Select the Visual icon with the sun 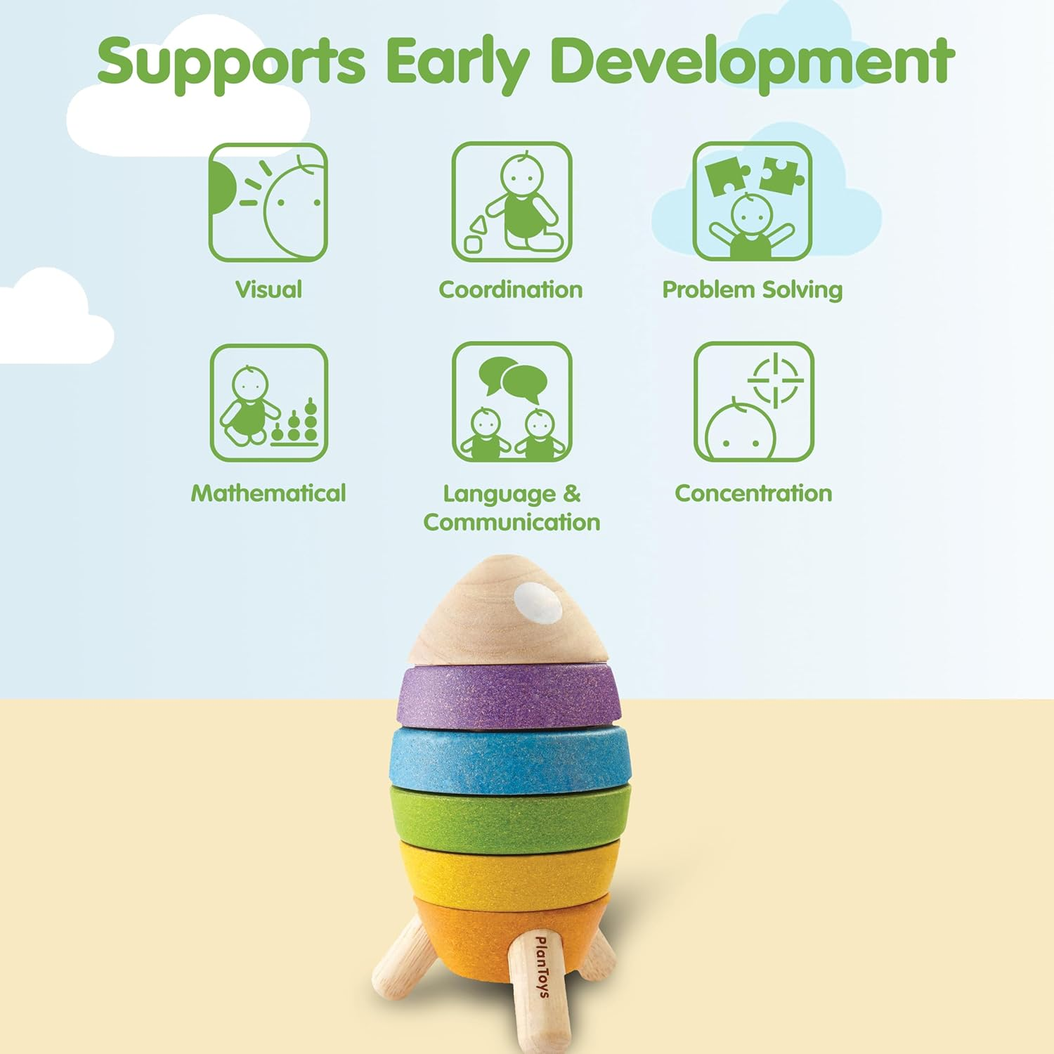(x=268, y=202)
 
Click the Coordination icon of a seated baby (x=512, y=202)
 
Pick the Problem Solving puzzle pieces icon (x=753, y=202)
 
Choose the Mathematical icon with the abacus (x=269, y=403)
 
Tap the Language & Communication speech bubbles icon (x=512, y=402)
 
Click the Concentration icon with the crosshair (x=754, y=402)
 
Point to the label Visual (x=268, y=289)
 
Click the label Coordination (x=511, y=289)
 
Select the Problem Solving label (x=753, y=290)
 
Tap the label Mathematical (x=268, y=493)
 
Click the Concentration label (x=753, y=493)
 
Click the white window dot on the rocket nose (x=538, y=602)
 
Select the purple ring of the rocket (x=509, y=696)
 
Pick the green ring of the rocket (x=510, y=819)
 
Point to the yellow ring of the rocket (x=509, y=871)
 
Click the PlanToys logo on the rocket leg (x=542, y=966)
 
